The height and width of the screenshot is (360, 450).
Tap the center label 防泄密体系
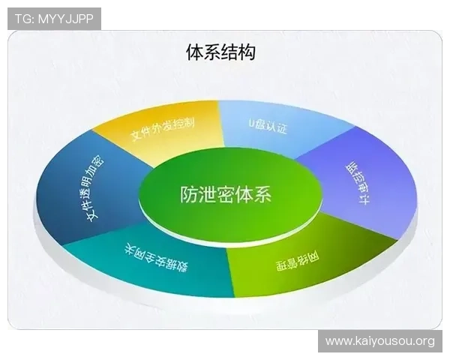[x=226, y=195]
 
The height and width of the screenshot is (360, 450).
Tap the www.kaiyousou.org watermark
[x=380, y=341]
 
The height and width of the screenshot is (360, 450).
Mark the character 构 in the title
[x=247, y=52]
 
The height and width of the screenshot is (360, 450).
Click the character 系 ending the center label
[x=262, y=195]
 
